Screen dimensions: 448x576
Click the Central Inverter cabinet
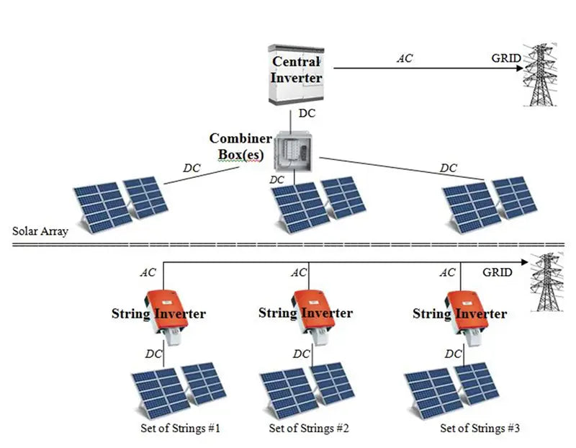click(295, 74)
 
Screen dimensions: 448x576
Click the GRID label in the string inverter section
click(498, 273)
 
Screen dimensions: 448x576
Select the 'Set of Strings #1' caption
click(180, 429)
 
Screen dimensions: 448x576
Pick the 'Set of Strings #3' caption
click(480, 429)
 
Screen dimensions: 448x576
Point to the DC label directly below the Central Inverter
click(307, 114)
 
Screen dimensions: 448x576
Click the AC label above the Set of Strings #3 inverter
click(447, 273)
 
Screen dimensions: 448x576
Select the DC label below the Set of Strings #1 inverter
click(153, 354)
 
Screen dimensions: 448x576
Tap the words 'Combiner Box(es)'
click(240, 146)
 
